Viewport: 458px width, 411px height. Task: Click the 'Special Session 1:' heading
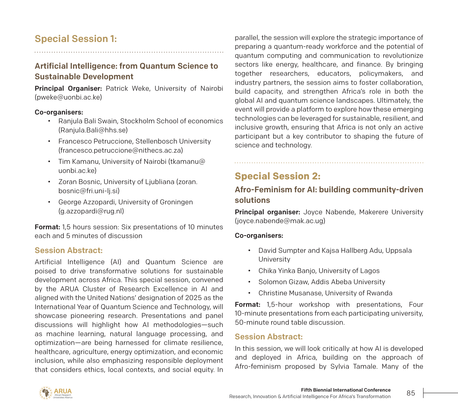tap(76, 39)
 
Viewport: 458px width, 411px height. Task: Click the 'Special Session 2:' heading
tap(277, 176)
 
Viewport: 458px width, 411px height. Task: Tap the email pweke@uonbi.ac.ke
tap(68, 97)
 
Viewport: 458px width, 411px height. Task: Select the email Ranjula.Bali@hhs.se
tap(93, 130)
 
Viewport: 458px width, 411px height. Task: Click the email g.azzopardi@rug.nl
tap(91, 211)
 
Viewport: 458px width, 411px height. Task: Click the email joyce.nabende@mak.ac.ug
tap(280, 221)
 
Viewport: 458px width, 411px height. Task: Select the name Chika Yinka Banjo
tap(286, 271)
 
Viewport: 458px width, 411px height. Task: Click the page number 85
tap(411, 393)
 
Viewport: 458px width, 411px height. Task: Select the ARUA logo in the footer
tap(55, 393)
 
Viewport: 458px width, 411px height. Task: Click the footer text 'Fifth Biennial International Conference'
tap(346, 390)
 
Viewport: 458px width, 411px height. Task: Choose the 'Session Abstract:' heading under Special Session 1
tap(69, 250)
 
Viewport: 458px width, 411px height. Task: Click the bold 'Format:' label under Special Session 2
tap(247, 305)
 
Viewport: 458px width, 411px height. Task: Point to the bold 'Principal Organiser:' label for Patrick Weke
tap(68, 89)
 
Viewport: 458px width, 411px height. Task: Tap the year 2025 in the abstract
tap(193, 298)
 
